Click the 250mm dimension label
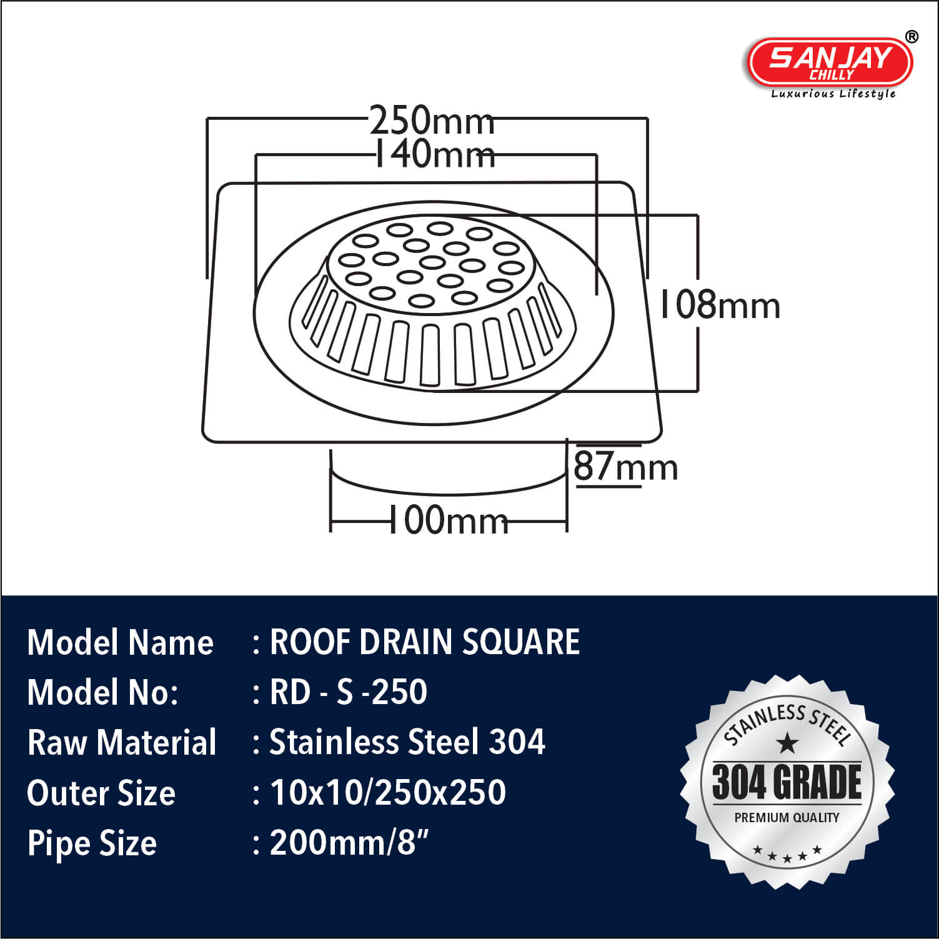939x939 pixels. [x=432, y=120]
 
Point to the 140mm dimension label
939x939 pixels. [x=434, y=154]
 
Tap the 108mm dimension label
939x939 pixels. [x=720, y=306]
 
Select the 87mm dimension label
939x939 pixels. [x=625, y=466]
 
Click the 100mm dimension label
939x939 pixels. [x=449, y=520]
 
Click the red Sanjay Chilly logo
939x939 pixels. [x=830, y=63]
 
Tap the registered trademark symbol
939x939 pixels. [x=912, y=37]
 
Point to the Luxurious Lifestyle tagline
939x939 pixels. [x=833, y=94]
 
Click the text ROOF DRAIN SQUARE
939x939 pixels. [x=425, y=642]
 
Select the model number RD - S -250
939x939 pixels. [x=349, y=692]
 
